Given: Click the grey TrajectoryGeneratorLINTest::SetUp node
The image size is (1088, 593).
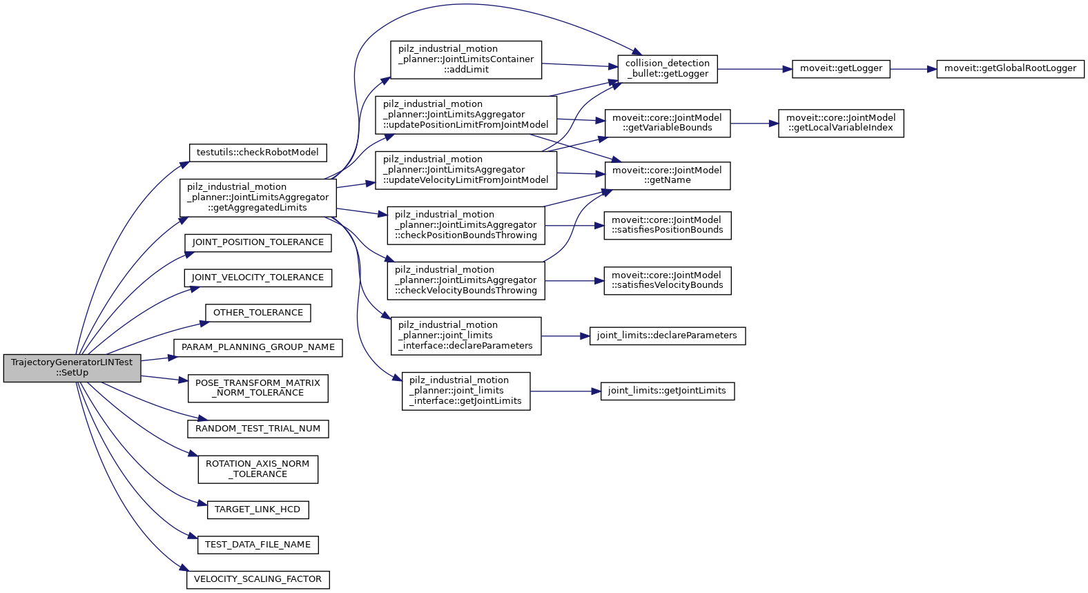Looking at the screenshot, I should click(72, 367).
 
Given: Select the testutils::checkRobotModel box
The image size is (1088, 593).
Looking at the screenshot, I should click(258, 153).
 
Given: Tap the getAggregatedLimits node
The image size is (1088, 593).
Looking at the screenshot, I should click(258, 197).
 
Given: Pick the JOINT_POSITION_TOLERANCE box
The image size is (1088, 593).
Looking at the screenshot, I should click(258, 242).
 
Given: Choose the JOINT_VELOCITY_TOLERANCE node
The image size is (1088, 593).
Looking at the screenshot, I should click(258, 278).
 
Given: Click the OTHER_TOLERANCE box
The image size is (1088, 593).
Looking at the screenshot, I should click(258, 313).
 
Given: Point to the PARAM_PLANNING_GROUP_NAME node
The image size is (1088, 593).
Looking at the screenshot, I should click(258, 347).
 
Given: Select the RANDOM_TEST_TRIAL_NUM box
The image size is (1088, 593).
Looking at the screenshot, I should click(258, 429).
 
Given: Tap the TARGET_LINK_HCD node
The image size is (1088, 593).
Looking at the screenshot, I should click(258, 509).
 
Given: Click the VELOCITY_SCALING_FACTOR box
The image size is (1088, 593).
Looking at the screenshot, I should click(258, 579).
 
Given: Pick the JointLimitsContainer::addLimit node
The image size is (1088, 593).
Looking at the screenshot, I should click(466, 59).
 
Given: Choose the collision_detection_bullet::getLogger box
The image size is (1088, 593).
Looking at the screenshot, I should click(667, 68).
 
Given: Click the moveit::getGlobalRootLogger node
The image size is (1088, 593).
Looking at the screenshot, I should click(1010, 68).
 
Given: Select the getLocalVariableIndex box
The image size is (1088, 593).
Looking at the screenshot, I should click(840, 123).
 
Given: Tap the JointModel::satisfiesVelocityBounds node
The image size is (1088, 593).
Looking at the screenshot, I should click(667, 280).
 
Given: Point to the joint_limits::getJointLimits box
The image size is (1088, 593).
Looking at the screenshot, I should click(667, 391).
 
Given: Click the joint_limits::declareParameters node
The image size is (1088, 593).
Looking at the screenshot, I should click(667, 336).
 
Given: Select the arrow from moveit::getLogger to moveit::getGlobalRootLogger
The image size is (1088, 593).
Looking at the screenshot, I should click(913, 69).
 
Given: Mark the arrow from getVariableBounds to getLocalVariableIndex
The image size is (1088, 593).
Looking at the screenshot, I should click(754, 124).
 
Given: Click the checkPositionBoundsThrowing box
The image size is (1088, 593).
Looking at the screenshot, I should click(466, 225).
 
